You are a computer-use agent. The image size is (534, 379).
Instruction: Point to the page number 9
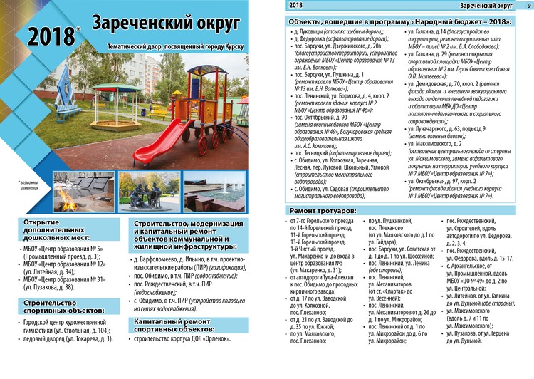(x=528, y=6)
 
